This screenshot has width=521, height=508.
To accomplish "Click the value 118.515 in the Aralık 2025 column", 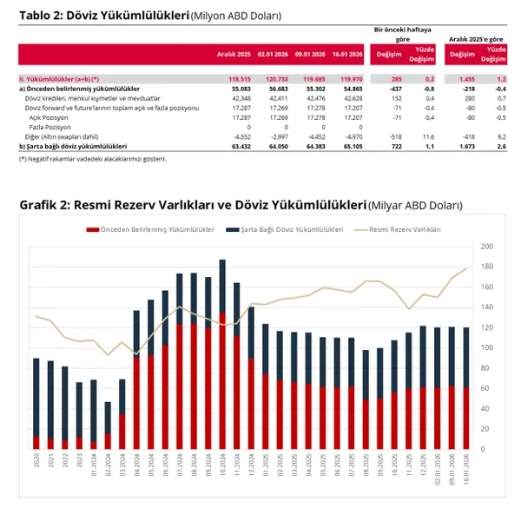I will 236,80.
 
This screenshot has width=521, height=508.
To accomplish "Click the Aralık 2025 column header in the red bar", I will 234,54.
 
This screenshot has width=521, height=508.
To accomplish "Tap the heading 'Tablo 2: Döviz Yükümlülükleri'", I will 98,16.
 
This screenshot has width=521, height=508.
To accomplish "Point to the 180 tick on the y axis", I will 487,247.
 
